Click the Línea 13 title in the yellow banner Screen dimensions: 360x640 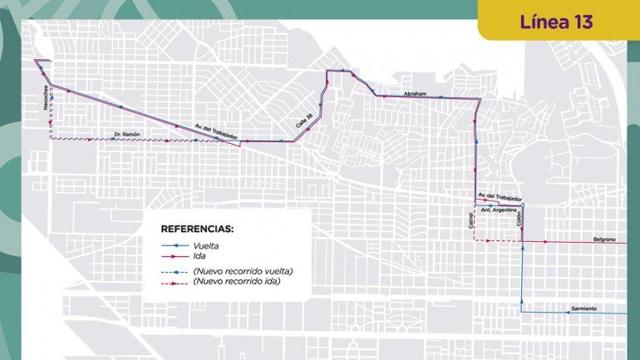point(556,22)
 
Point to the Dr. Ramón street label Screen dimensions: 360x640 point(127,134)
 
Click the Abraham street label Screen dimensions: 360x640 point(414,94)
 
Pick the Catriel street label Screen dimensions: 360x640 point(470,221)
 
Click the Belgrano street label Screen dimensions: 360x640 point(604,239)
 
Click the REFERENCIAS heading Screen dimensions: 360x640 point(197,228)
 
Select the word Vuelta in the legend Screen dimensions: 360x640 point(206,246)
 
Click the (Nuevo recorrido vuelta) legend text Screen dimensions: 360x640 point(243,271)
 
